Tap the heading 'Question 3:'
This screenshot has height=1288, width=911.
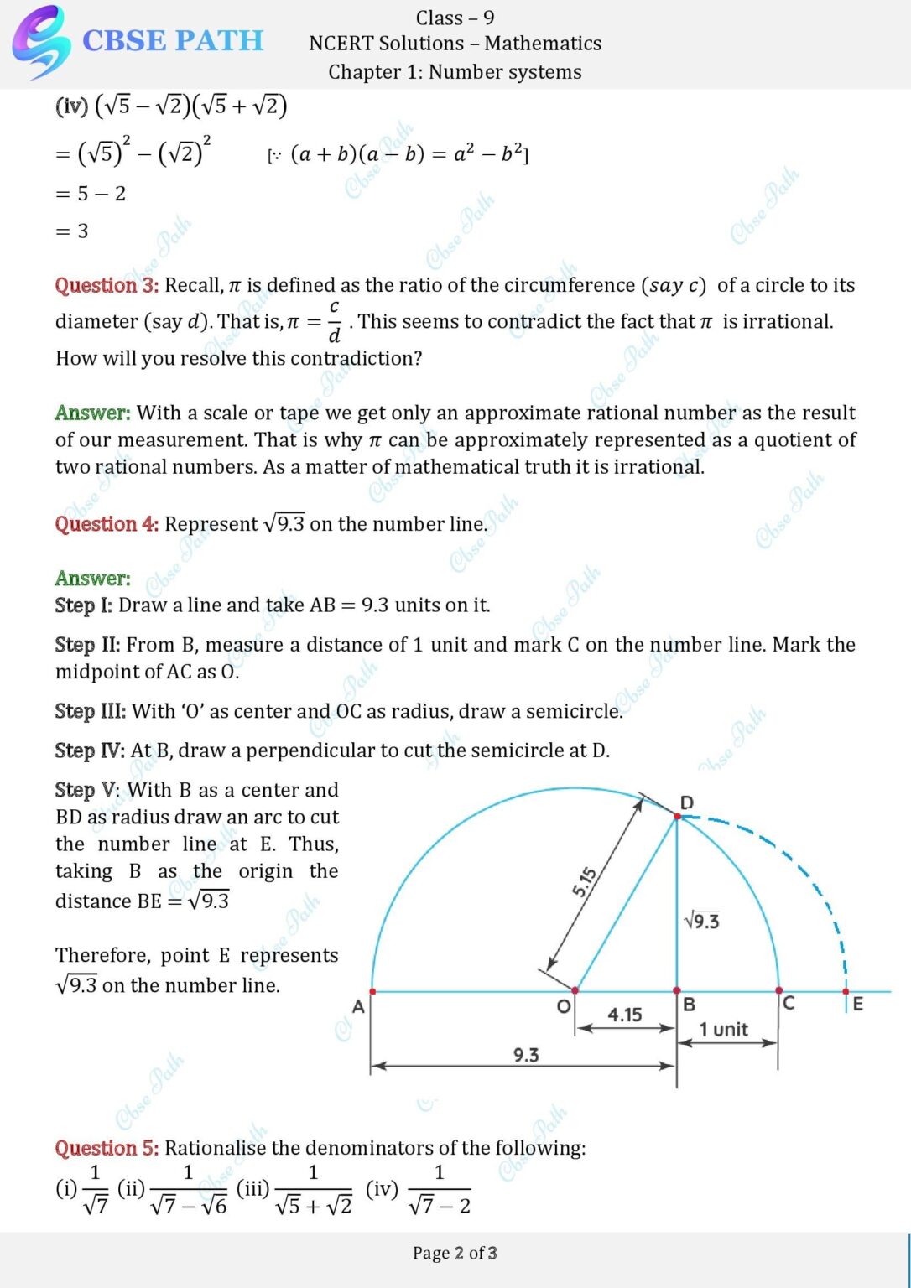pos(107,285)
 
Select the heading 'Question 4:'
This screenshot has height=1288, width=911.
pos(107,524)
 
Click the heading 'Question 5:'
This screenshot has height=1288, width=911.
pos(107,1148)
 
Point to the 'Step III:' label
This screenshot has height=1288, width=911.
pos(90,711)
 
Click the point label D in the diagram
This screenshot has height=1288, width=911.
pos(687,802)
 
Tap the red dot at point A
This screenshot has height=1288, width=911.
pos(372,991)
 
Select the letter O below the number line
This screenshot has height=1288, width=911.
pos(564,1005)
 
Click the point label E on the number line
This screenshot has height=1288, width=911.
pos(857,1004)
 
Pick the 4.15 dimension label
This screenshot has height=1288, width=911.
pos(625,1015)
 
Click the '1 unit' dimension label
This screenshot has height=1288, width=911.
pos(723,1029)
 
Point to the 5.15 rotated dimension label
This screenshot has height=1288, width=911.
pos(585,882)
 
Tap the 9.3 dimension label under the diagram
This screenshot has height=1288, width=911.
pos(526,1055)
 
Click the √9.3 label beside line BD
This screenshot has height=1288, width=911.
pos(701,922)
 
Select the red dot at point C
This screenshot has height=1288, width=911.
pos(779,991)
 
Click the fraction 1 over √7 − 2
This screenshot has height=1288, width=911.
pos(439,1189)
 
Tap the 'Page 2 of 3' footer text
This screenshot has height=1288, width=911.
pos(455,1253)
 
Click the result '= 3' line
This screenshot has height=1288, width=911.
pos(72,231)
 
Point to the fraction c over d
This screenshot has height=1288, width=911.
pos(334,321)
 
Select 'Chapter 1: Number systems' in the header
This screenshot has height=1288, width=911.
pos(455,72)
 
